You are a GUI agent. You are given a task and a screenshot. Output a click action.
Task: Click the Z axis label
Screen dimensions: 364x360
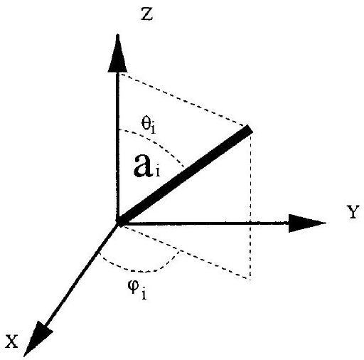coord(146,14)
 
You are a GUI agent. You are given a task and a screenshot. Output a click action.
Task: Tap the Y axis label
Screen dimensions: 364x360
coord(353,212)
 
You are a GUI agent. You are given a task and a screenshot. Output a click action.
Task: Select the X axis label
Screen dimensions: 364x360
coord(11,342)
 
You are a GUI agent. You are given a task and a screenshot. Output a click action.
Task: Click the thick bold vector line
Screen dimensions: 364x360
coord(185,176)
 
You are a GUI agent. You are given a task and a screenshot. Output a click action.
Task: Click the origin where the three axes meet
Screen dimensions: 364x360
coord(118,223)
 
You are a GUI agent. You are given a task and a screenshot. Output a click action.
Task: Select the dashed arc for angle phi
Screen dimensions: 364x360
coord(140,270)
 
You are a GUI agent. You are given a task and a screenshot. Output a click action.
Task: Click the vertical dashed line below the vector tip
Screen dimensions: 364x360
coord(250,205)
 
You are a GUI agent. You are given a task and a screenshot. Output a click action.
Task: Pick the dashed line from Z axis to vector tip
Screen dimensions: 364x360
coord(183,99)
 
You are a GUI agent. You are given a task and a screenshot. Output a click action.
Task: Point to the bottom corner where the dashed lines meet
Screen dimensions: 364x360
coord(250,280)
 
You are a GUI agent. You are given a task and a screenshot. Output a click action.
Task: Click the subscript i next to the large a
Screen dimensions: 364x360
coord(158,171)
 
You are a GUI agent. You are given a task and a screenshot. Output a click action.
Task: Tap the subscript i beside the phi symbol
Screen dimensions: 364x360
coord(144,294)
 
